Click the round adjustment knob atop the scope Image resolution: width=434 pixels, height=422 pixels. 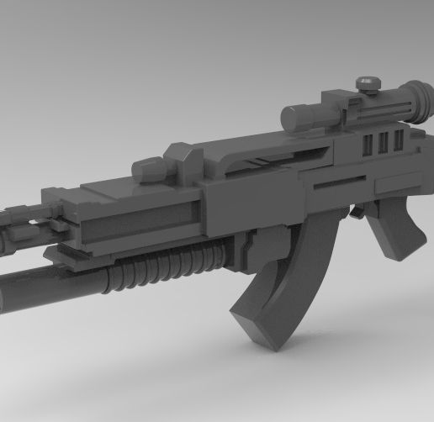(367, 82)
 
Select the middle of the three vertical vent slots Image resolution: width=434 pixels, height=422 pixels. (383, 143)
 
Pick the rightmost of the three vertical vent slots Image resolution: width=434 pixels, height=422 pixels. (398, 140)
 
